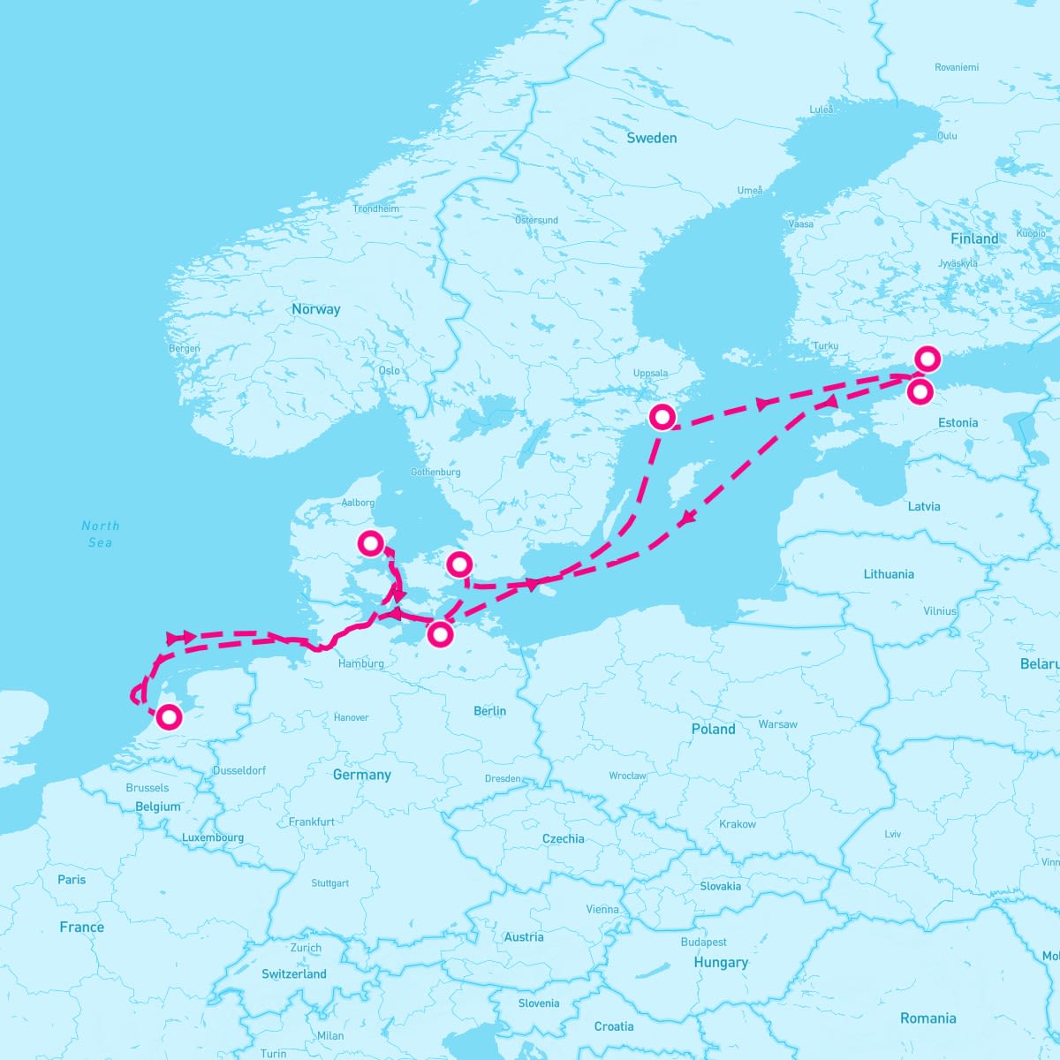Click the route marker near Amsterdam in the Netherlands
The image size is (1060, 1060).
click(x=168, y=716)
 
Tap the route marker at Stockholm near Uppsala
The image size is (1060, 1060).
click(x=662, y=416)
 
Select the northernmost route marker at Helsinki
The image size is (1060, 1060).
click(x=927, y=359)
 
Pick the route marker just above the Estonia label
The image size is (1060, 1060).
click(x=920, y=390)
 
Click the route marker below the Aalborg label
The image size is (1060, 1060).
click(x=370, y=542)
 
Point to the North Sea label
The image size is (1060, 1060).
click(x=100, y=534)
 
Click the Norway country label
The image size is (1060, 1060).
click(x=315, y=309)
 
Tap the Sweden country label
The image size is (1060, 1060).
click(x=651, y=138)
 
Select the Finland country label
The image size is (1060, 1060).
click(x=974, y=238)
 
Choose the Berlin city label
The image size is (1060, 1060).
click(x=489, y=711)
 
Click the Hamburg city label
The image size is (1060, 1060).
click(x=360, y=663)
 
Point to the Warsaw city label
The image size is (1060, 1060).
click(x=777, y=724)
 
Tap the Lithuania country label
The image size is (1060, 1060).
click(x=889, y=574)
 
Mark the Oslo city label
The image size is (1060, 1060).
click(x=389, y=371)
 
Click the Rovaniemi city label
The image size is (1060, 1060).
click(x=958, y=67)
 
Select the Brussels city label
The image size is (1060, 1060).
click(x=147, y=788)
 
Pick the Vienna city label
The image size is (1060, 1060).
click(x=602, y=909)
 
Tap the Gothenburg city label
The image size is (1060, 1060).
click(x=435, y=473)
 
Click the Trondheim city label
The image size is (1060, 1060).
click(x=375, y=209)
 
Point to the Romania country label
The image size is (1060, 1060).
click(x=927, y=1018)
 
